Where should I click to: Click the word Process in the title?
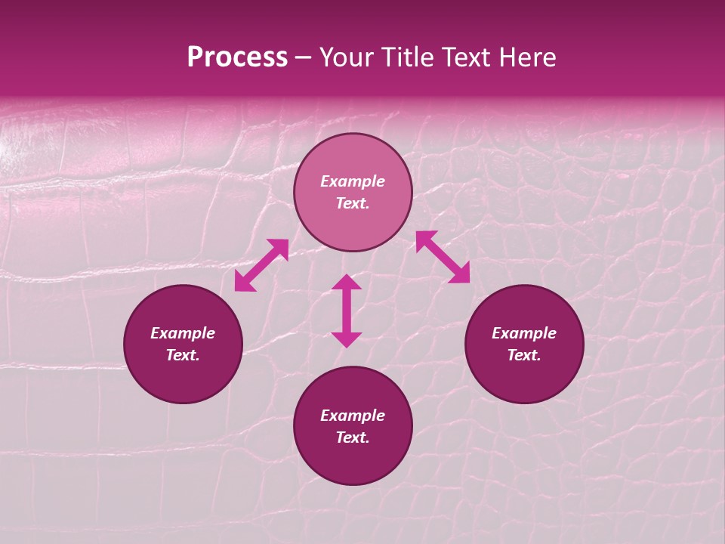point(237,57)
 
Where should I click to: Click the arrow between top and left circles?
point(261,265)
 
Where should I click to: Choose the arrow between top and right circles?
point(443,257)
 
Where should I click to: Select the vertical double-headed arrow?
point(347,311)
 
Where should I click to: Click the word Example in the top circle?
point(353,181)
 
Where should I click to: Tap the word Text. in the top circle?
point(353,203)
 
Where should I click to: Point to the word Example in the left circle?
point(183,333)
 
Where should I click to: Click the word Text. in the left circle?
point(183,355)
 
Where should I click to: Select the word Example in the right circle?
point(524,333)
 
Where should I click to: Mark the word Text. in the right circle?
point(524,355)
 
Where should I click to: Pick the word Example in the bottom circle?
point(353,416)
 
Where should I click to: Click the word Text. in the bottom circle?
point(353,437)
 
